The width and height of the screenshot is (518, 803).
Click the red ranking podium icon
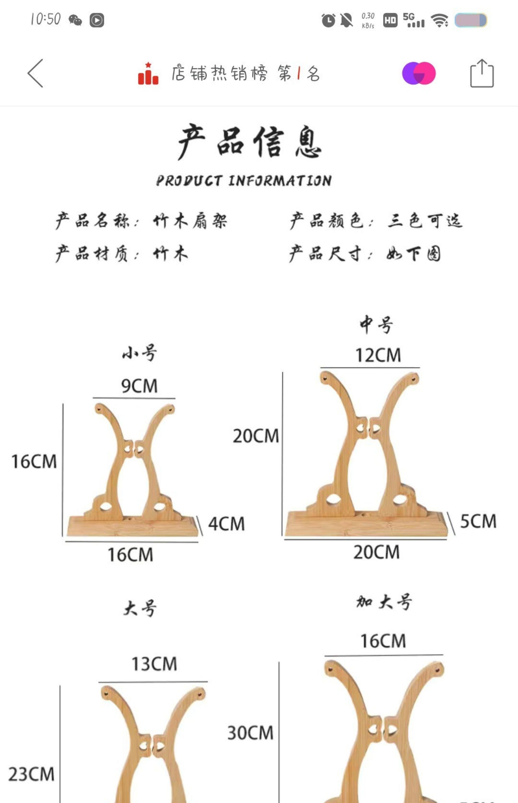point(148,74)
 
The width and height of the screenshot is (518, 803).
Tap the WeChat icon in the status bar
point(75,20)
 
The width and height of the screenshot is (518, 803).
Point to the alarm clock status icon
point(328,20)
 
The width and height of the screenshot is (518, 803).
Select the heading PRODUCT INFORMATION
point(244,180)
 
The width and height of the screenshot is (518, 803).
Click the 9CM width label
point(139,386)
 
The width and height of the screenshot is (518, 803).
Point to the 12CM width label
point(378,355)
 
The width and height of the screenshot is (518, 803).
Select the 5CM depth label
point(478,521)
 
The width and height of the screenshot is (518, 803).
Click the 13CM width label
point(154,664)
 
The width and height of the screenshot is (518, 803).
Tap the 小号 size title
point(139,353)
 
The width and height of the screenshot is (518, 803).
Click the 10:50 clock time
point(45,19)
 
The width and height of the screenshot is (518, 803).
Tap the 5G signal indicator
point(413,20)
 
